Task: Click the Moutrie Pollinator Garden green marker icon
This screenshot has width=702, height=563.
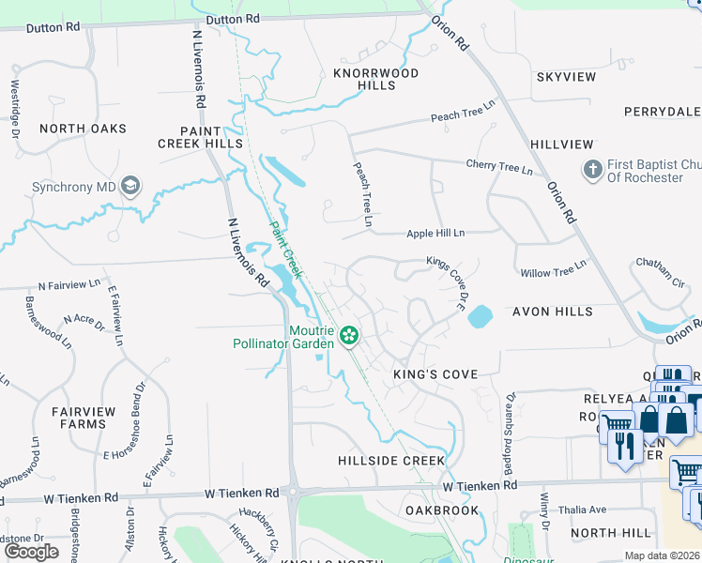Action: (349, 334)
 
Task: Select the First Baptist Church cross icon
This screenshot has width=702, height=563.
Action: (592, 170)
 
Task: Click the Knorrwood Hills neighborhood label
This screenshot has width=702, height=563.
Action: (376, 79)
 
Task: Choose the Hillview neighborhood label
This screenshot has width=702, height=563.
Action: (562, 145)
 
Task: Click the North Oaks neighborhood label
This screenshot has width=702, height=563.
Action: (83, 129)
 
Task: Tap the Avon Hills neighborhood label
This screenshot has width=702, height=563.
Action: (553, 312)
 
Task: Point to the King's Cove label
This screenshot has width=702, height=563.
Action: (435, 374)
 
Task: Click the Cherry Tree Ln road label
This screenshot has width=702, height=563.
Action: (499, 168)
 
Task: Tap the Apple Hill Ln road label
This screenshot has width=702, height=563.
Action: (435, 234)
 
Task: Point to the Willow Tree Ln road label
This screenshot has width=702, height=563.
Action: (553, 269)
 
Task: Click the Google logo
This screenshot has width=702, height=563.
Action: (31, 552)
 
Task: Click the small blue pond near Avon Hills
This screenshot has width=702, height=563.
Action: (479, 315)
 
